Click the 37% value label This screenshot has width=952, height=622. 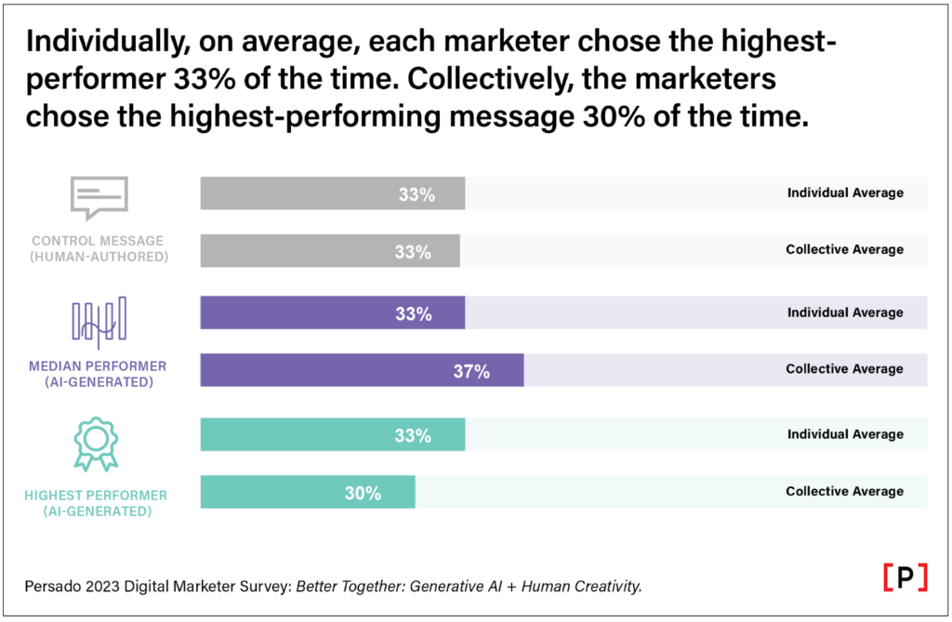pyautogui.click(x=471, y=371)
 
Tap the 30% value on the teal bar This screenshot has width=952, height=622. pyautogui.click(x=363, y=493)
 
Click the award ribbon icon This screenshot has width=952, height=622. pyautogui.click(x=97, y=443)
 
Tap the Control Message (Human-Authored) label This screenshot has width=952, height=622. pyautogui.click(x=99, y=247)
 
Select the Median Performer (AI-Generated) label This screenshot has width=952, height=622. pyautogui.click(x=99, y=373)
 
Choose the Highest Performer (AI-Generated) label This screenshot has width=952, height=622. pyautogui.click(x=98, y=503)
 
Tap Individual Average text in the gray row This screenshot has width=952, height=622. pyautogui.click(x=845, y=192)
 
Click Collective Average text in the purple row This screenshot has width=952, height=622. pyautogui.click(x=844, y=369)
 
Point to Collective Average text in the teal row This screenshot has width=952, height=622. pyautogui.click(x=844, y=491)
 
